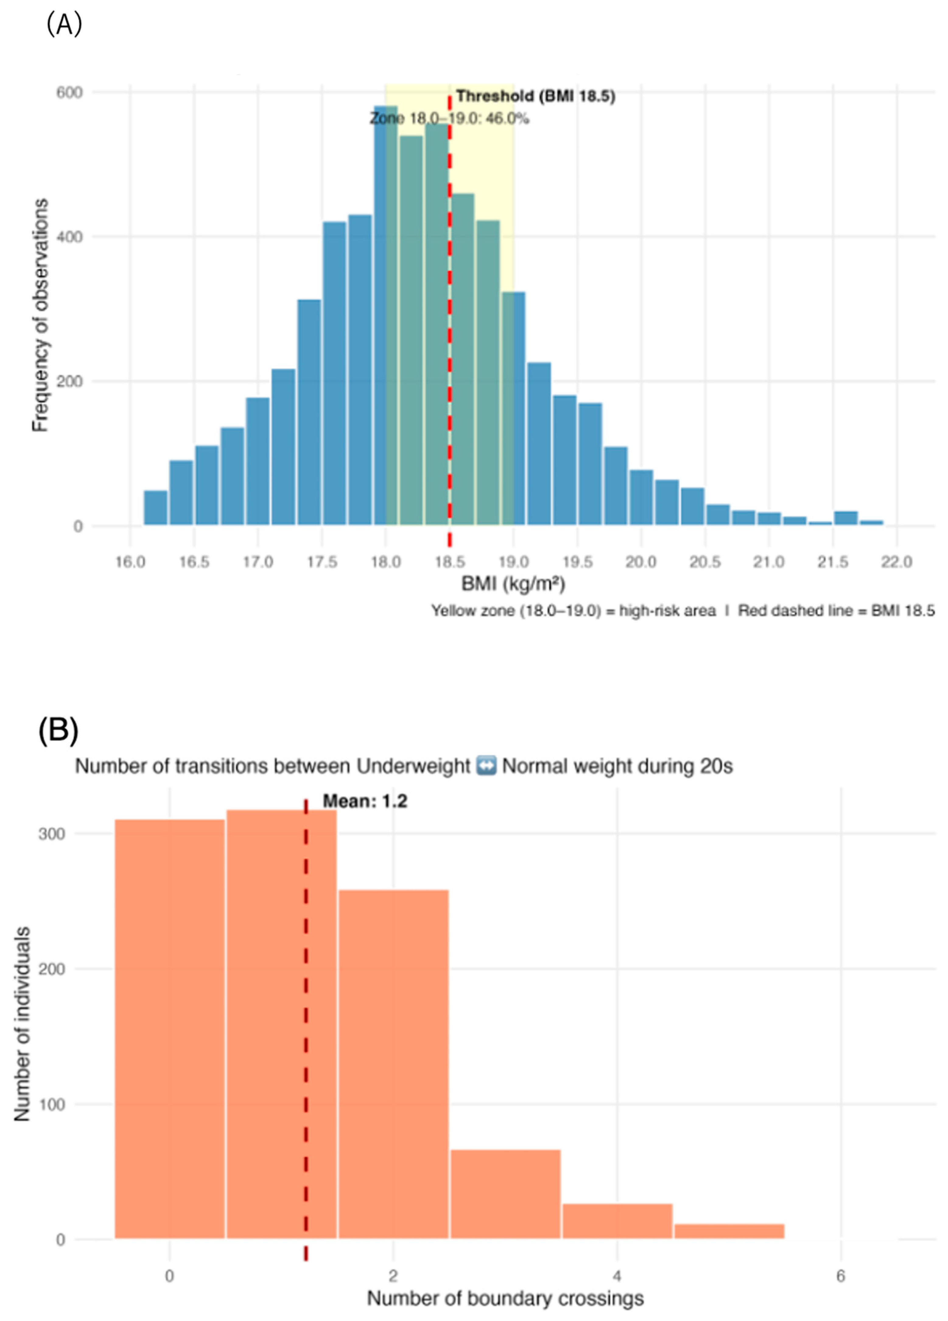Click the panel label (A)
tap(64, 24)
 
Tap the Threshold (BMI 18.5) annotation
tap(535, 96)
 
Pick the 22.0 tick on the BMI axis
tap(896, 562)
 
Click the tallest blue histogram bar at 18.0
tap(385, 315)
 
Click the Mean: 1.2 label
tap(365, 801)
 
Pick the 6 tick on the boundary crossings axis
tap(840, 1276)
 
